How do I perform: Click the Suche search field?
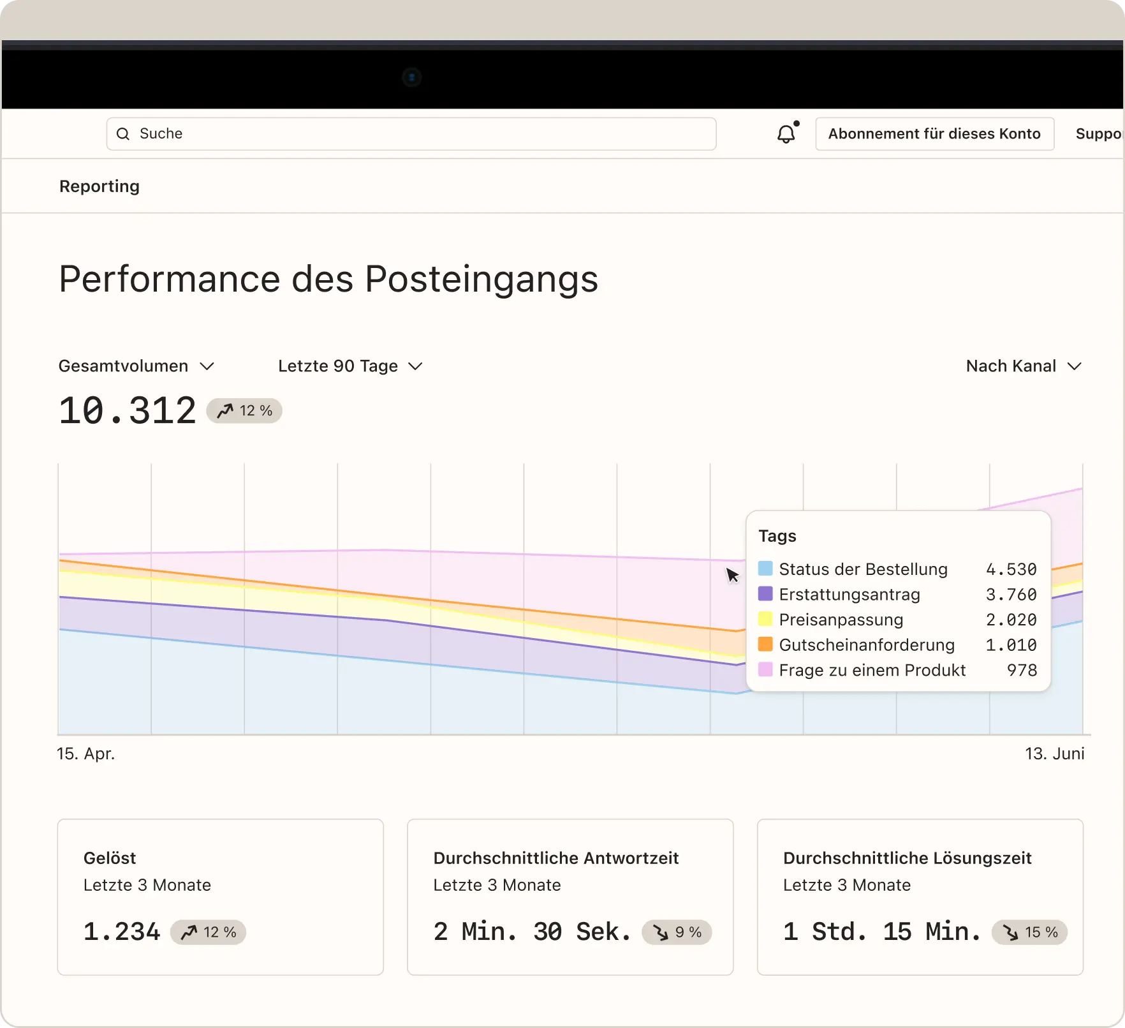coord(411,133)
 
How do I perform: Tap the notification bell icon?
coord(786,133)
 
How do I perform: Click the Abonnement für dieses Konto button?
coord(934,133)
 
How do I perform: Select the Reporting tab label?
coord(99,186)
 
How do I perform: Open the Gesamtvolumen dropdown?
coord(136,366)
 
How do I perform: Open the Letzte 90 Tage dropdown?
coord(350,366)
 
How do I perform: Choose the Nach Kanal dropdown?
coord(1024,366)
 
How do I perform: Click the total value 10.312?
coord(128,410)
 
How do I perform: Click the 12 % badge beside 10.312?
coord(244,410)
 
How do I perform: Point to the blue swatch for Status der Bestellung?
coord(765,569)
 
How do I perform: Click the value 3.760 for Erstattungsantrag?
coord(1011,594)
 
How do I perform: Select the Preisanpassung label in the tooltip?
coord(841,620)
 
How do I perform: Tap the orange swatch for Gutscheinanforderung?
coord(765,644)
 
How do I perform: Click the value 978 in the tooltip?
coord(1022,670)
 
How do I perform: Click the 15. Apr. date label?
coord(86,754)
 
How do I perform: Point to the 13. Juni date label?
coord(1054,754)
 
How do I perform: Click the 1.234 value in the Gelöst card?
coord(122,932)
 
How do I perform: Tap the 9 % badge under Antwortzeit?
coord(677,932)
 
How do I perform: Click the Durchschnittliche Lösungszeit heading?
coord(907,858)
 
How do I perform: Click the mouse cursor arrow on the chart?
coord(732,575)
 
